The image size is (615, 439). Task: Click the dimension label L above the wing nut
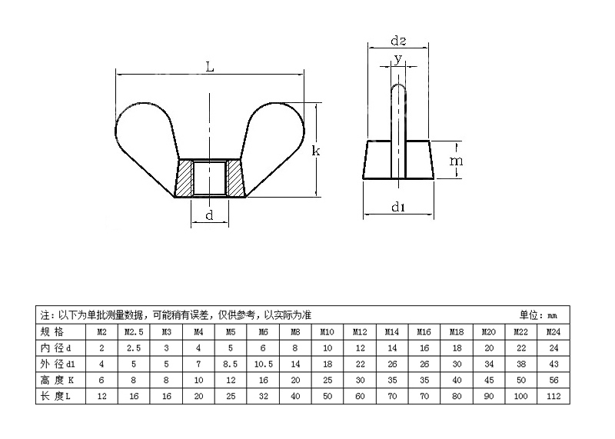210,67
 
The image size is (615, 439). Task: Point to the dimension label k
316,151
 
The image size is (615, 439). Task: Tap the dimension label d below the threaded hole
209,215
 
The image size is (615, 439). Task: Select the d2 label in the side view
398,41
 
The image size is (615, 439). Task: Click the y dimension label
398,59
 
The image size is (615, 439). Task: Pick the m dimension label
456,161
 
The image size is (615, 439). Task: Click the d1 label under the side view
398,206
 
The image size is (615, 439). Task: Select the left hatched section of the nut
184,178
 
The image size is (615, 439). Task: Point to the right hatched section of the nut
235,178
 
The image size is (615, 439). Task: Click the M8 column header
295,332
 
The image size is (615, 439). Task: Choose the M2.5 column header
134,332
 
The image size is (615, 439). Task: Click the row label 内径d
55,348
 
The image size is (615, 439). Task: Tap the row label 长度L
55,396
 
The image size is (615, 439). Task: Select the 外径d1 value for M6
263,364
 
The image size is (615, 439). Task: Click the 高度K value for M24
553,380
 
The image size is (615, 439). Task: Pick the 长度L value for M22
521,396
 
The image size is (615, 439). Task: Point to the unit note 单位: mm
538,315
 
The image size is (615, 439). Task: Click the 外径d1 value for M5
231,364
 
